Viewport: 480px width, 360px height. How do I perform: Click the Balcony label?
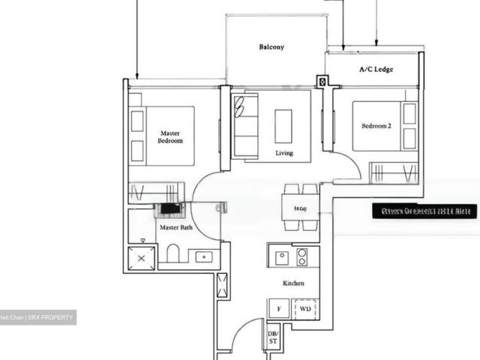point(271,46)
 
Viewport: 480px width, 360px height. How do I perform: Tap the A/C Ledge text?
point(376,69)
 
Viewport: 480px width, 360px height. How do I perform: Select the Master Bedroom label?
point(170,136)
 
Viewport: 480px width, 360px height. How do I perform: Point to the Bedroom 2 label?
point(376,126)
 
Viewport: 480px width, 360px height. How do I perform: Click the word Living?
point(283,153)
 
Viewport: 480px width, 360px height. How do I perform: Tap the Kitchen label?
point(293,283)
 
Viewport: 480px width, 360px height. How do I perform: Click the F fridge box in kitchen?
point(279,308)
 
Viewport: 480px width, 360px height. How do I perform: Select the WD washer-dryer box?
point(305,308)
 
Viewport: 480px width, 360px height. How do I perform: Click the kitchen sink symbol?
point(281,256)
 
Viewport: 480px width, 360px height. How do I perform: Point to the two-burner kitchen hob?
point(301,256)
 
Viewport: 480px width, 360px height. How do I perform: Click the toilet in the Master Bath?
point(173,253)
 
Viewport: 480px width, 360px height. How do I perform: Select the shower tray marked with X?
point(142,257)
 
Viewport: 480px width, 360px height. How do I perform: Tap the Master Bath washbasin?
point(201,256)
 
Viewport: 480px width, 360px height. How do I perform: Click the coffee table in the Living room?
point(283,125)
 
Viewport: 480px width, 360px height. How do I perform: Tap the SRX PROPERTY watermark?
point(37,318)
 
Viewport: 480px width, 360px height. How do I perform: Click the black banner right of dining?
point(424,211)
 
